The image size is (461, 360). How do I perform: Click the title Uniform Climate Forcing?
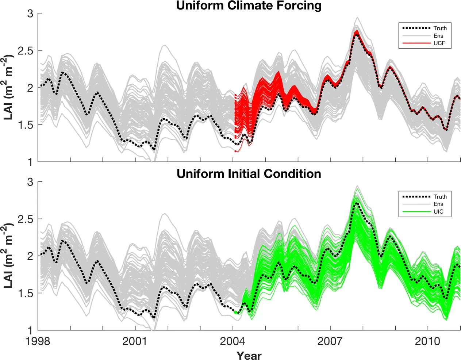click(249, 6)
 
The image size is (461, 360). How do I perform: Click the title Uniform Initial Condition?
click(249, 174)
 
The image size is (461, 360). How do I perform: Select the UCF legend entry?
click(439, 43)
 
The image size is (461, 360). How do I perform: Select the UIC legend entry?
click(438, 212)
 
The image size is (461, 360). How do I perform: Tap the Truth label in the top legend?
click(440, 28)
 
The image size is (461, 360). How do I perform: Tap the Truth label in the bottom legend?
click(440, 196)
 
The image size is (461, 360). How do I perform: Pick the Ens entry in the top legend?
click(438, 36)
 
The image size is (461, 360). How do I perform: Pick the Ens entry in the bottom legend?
click(438, 204)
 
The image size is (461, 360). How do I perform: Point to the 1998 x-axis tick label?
click(38, 341)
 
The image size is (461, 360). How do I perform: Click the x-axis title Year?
click(249, 355)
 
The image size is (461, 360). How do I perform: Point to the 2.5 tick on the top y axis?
click(25, 51)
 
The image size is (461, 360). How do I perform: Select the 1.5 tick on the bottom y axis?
click(25, 293)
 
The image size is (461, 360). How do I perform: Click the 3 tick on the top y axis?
click(30, 14)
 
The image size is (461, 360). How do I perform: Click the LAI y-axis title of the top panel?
click(9, 87)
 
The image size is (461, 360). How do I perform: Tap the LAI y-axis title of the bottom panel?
click(9, 256)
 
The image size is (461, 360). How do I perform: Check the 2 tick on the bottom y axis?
click(30, 256)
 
